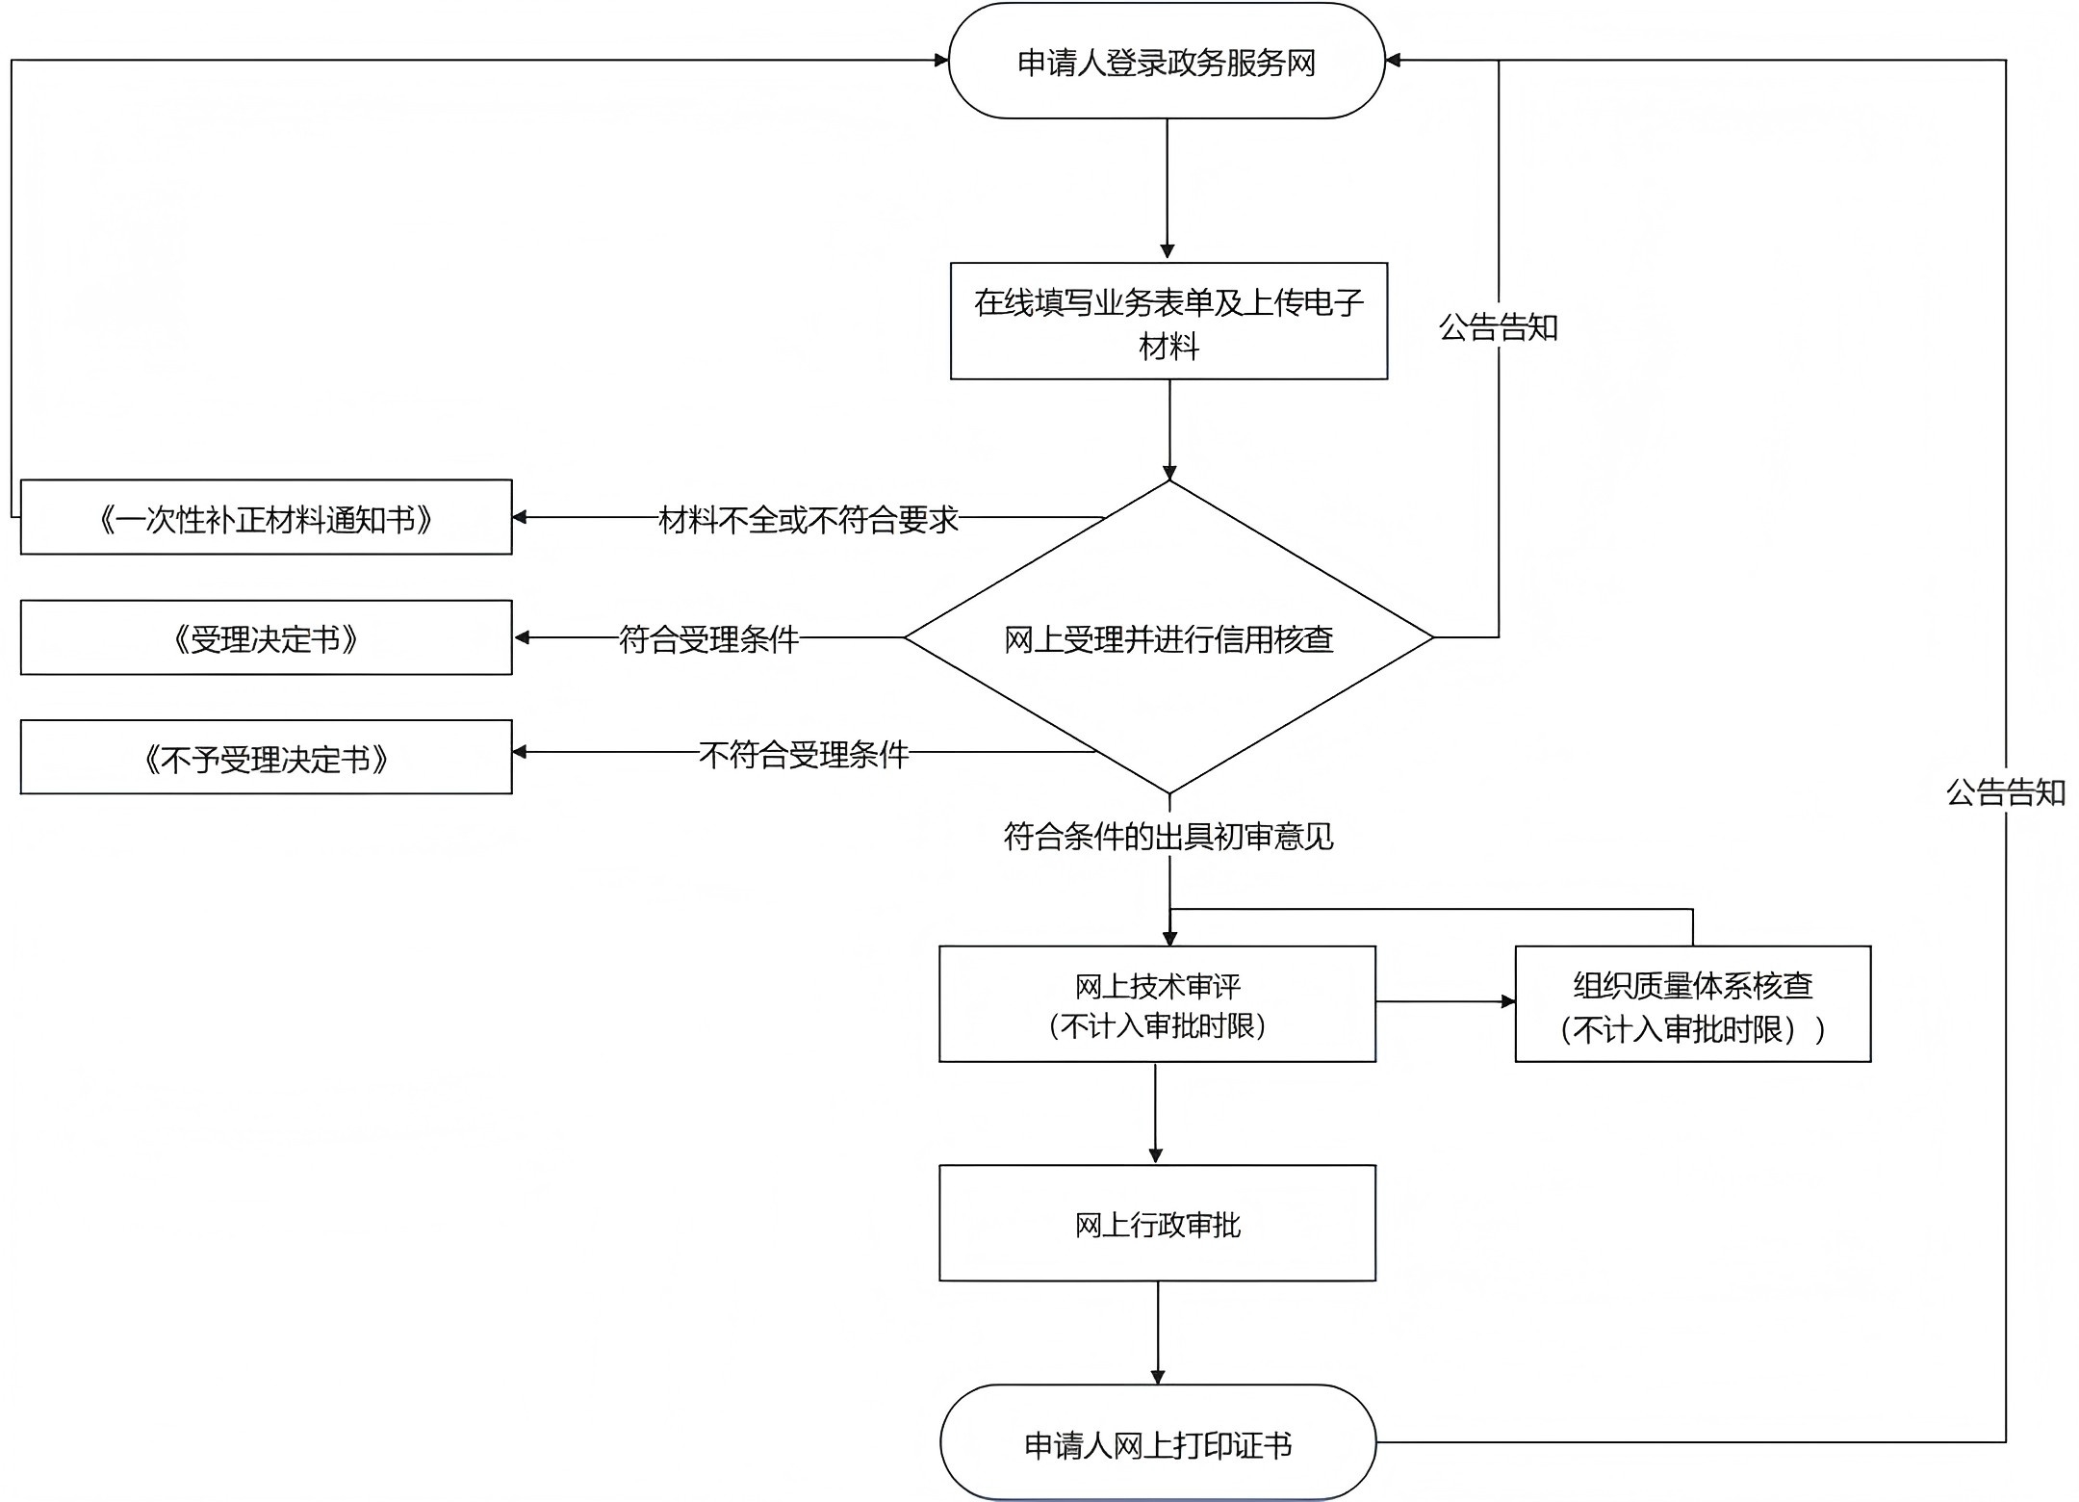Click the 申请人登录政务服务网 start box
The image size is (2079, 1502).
click(x=1167, y=62)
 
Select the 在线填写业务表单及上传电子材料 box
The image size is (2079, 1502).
click(x=1168, y=322)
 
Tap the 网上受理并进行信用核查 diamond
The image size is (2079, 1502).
click(x=1168, y=638)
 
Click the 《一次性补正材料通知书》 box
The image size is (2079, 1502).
click(x=266, y=518)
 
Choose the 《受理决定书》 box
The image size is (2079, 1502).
click(x=266, y=638)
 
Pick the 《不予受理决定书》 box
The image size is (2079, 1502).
click(x=266, y=758)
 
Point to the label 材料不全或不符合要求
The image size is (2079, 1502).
click(x=808, y=520)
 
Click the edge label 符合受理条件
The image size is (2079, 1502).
click(x=708, y=639)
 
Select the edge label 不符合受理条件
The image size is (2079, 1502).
click(x=804, y=754)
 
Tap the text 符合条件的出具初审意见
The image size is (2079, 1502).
click(x=1168, y=836)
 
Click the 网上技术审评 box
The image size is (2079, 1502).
click(x=1157, y=1004)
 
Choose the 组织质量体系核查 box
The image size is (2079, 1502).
click(x=1692, y=1004)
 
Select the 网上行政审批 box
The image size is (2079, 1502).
click(x=1157, y=1224)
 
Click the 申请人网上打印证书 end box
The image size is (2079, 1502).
click(x=1157, y=1443)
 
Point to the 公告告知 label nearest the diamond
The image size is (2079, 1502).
click(x=1498, y=327)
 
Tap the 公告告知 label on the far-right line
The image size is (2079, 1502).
click(x=2006, y=792)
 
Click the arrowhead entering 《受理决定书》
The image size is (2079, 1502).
click(x=521, y=637)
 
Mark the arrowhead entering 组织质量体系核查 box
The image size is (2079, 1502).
click(x=1508, y=1001)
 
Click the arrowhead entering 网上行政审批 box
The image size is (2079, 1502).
click(x=1156, y=1156)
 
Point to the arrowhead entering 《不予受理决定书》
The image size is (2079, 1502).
click(x=521, y=752)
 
